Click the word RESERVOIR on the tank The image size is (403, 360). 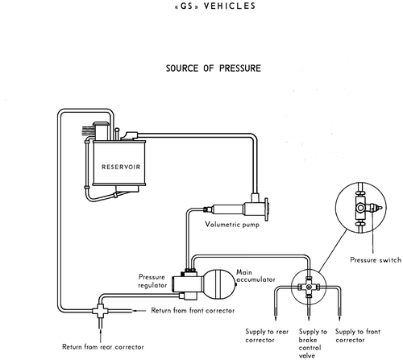(121, 167)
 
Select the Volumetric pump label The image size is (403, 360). (232, 225)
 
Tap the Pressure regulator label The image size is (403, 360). (152, 281)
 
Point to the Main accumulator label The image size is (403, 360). (256, 276)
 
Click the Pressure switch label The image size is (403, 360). (376, 260)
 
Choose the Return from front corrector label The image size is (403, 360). (193, 311)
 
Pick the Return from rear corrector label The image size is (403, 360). (103, 347)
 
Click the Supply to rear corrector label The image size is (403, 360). (267, 336)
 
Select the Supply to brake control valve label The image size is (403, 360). (313, 344)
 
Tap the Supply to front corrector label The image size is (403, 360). (358, 336)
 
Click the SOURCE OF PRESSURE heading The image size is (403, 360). (214, 68)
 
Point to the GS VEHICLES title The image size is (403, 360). (215, 6)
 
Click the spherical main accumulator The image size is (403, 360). (219, 284)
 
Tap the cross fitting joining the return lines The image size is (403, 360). (100, 311)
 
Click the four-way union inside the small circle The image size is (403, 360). (309, 288)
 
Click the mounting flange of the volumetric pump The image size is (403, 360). (267, 209)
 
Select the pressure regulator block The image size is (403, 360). (185, 284)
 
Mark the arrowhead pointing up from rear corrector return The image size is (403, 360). (101, 330)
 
